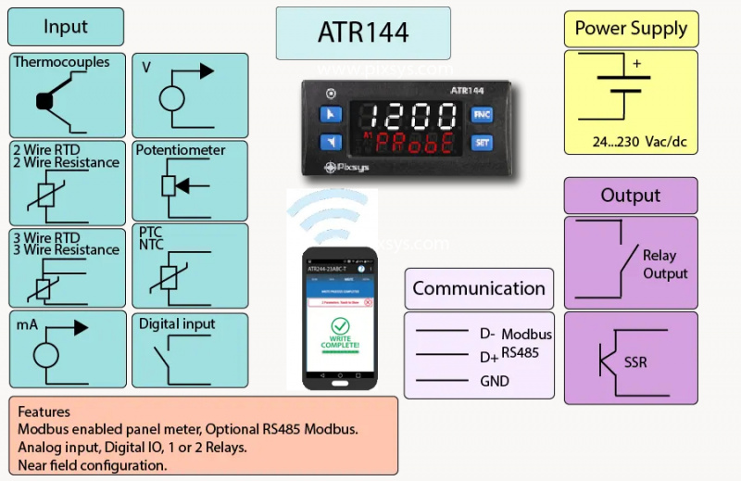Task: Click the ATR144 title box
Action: click(363, 32)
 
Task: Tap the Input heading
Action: click(66, 27)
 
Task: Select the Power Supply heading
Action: click(631, 28)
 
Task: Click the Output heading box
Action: click(630, 196)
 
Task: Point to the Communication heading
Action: click(478, 288)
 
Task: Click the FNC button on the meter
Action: click(482, 114)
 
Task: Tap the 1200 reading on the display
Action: click(409, 116)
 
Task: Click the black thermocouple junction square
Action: click(44, 102)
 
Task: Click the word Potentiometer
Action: click(181, 149)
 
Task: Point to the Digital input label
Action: click(177, 324)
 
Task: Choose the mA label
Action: click(25, 325)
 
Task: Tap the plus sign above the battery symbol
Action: click(636, 64)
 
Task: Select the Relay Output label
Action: click(665, 264)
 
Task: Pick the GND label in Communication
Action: click(494, 381)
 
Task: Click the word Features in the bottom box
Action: click(44, 411)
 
